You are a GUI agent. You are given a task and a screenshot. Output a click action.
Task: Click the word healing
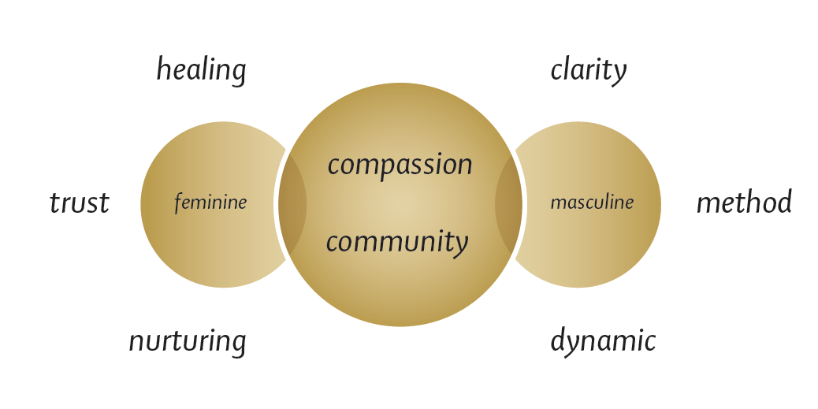point(201,70)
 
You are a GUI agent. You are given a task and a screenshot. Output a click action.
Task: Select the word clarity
point(588,70)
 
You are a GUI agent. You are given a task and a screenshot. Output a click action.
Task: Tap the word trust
point(79,203)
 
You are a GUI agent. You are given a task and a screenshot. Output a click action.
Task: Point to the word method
point(744,203)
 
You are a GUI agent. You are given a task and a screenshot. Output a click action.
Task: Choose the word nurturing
point(188,342)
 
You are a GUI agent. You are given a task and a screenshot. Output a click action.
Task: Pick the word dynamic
point(603,342)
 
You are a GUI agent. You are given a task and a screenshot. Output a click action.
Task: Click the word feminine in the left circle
point(210,203)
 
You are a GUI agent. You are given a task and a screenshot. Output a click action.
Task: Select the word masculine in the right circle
point(592,203)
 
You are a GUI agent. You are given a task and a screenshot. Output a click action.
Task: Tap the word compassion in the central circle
point(400,165)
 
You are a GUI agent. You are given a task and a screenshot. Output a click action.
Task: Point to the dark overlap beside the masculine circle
point(508,204)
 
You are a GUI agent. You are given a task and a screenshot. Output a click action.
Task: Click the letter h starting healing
point(163,69)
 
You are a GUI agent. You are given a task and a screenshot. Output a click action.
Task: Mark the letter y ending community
point(460,245)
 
